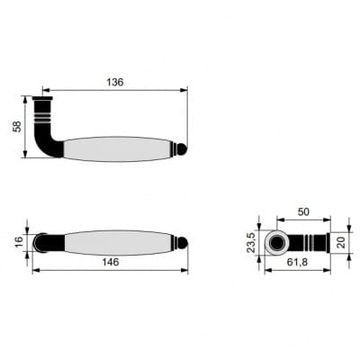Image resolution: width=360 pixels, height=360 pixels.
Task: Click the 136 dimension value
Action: click(115, 82)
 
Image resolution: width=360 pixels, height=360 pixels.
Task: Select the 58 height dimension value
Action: click(17, 126)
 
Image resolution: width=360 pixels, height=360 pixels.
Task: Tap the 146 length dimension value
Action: click(111, 262)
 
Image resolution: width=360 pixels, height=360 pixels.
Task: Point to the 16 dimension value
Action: click(19, 241)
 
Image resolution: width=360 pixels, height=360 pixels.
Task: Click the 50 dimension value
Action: click(303, 211)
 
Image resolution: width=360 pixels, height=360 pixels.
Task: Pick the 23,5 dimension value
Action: click(251, 242)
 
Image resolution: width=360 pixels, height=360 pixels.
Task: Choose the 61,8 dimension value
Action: click(297, 262)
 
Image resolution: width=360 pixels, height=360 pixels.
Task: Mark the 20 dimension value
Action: click(340, 242)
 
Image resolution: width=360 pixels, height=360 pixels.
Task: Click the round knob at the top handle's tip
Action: click(183, 149)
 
